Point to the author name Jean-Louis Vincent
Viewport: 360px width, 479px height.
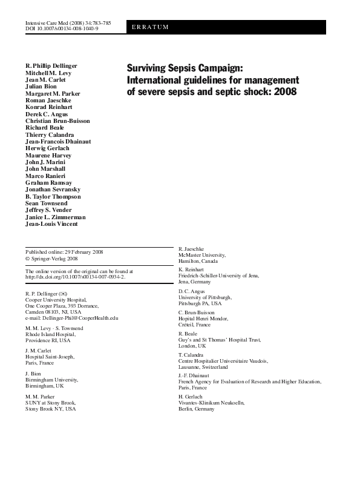point(51,224)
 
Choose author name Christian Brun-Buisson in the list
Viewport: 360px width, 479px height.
point(57,121)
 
